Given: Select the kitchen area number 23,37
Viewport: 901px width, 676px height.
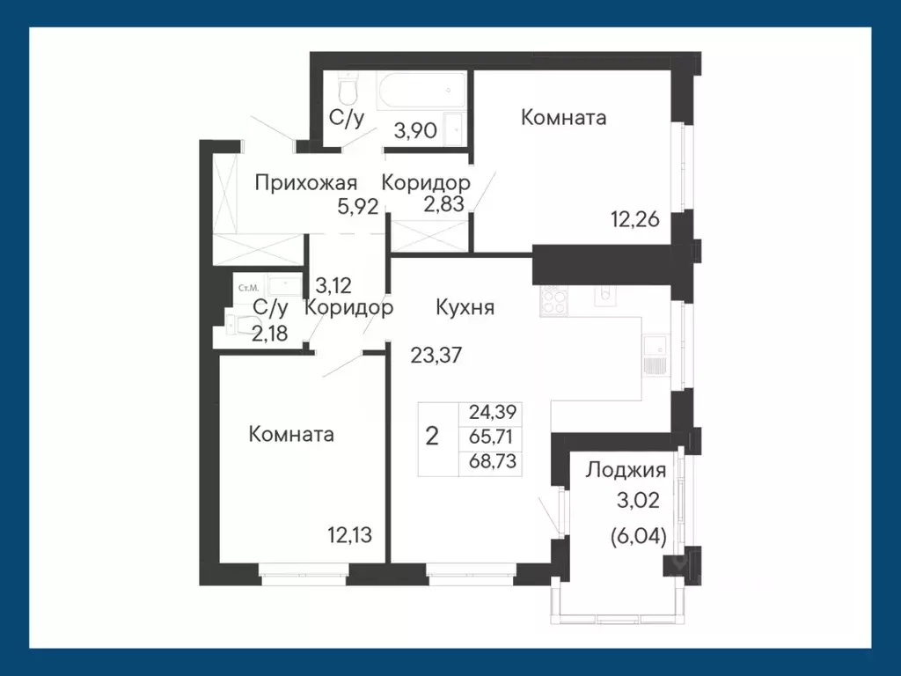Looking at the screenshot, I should point(438,356).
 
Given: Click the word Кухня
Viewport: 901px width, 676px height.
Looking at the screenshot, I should point(465,307).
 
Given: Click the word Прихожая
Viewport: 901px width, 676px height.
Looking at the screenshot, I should point(306,183).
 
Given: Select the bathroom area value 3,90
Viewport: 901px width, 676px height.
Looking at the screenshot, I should point(416,131).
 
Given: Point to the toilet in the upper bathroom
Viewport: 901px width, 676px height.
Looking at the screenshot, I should point(348,90).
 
